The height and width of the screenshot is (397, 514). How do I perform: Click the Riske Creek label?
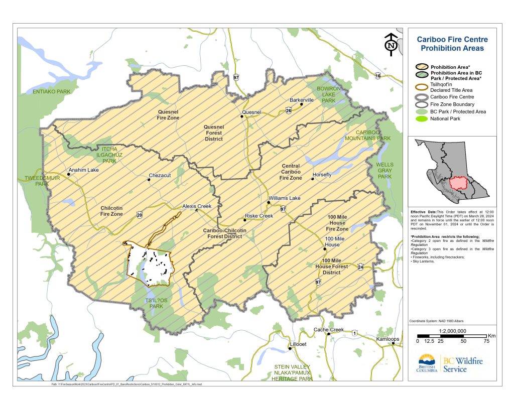259,216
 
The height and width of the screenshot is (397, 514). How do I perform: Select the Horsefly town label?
322,175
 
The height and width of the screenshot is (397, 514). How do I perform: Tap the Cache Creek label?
329,330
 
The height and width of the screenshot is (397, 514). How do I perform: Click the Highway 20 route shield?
139,215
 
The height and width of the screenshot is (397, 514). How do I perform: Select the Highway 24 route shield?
360,266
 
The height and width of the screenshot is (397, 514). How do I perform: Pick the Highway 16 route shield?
378,76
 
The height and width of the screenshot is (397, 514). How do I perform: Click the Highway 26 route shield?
289,110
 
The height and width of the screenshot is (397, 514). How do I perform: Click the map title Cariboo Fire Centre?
452,40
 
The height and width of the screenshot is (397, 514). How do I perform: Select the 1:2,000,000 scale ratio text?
452,331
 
